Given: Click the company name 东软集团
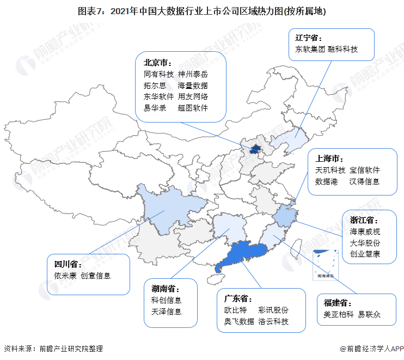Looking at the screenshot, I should click(x=307, y=49).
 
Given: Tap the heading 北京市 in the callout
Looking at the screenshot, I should click(x=158, y=62).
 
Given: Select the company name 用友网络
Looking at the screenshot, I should click(x=193, y=96).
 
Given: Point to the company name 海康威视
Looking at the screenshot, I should click(x=365, y=231).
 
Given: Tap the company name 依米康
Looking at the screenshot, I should click(x=65, y=276).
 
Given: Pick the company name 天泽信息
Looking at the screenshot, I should click(x=167, y=312).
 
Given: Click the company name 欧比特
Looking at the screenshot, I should click(x=235, y=310).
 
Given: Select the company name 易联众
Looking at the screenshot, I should click(x=369, y=314).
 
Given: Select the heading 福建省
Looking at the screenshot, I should click(x=338, y=303).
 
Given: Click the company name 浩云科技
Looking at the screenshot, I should click(x=273, y=321).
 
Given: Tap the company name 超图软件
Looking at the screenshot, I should click(x=193, y=108).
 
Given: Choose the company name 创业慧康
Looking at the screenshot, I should click(x=365, y=254).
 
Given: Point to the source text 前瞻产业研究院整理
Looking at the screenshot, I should click(x=69, y=349).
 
